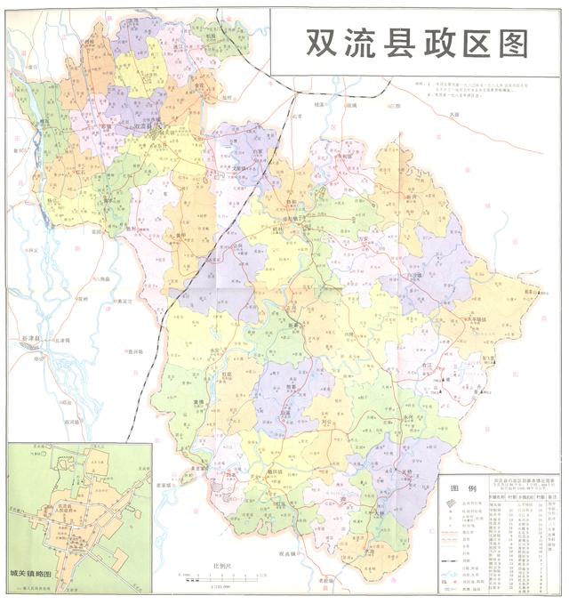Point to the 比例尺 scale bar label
pyautogui.click(x=221, y=566)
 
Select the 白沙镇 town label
pyautogui.click(x=410, y=276)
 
